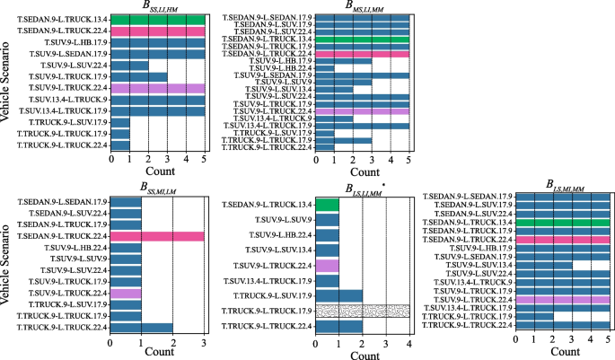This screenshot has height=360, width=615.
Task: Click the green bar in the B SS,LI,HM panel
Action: click(158, 19)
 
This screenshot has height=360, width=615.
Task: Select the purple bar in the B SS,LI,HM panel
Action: click(158, 88)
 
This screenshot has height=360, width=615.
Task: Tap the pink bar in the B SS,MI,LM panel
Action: click(158, 235)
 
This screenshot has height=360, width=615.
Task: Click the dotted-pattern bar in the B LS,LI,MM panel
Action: click(362, 311)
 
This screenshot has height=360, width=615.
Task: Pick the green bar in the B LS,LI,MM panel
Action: click(327, 205)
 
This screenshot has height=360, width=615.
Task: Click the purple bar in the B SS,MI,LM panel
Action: click(126, 293)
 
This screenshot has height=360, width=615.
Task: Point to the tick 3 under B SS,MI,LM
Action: click(205, 342)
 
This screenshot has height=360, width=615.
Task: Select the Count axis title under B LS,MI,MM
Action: click(562, 354)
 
